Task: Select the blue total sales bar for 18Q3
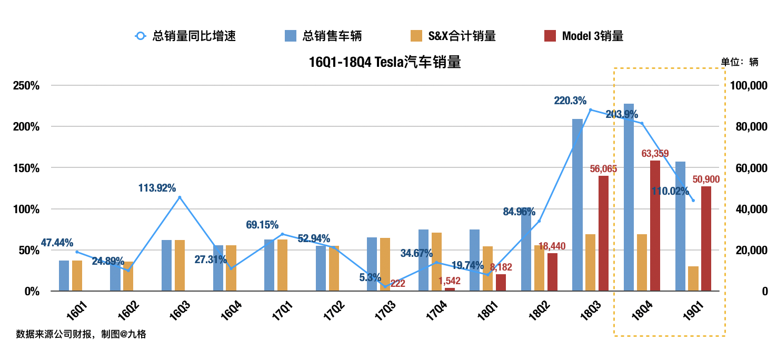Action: coord(577,205)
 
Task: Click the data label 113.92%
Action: coord(157,188)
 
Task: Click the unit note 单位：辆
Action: coord(739,62)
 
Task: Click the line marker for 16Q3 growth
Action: coord(180,197)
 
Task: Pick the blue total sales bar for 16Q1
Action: coord(64,275)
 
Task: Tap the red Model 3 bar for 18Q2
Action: coord(552,272)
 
